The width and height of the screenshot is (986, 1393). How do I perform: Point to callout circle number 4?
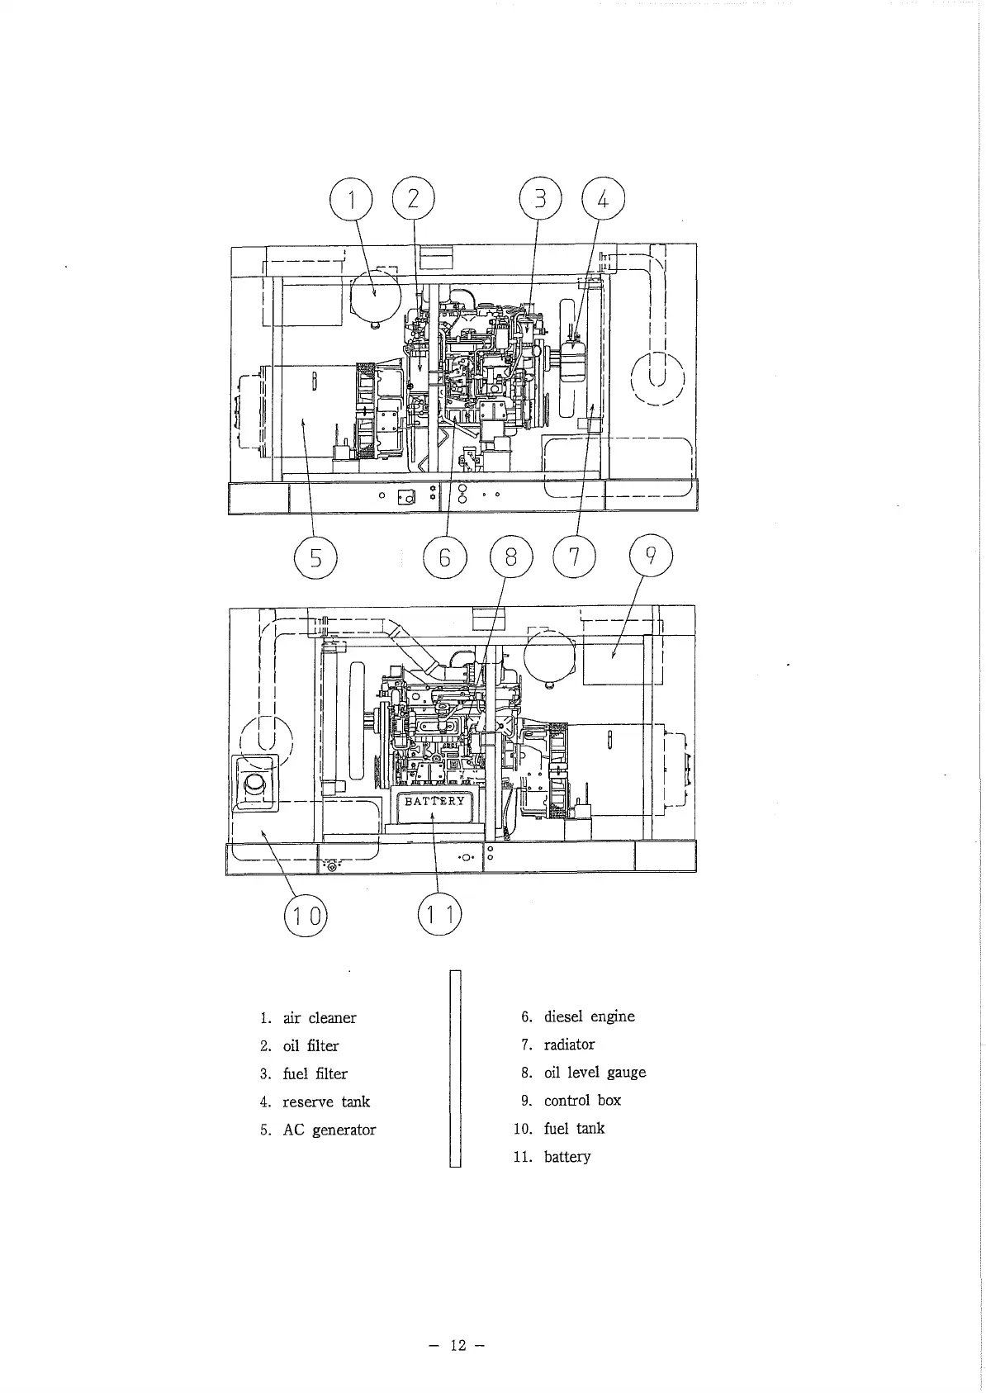603,200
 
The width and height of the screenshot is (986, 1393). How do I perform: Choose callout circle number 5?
315,559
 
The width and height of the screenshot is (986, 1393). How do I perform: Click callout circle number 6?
444,559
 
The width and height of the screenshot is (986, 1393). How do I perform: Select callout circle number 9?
651,558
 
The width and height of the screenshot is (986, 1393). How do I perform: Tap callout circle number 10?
306,917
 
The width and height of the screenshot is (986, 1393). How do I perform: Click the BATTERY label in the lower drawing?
434,801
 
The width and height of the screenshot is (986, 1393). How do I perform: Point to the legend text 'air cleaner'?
320,1018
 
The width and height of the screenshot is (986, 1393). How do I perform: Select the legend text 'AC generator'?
329,1130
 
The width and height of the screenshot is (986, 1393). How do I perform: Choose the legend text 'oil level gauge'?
595,1073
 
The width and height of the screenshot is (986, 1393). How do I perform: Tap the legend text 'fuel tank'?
574,1128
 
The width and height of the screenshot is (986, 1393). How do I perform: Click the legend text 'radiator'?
569,1045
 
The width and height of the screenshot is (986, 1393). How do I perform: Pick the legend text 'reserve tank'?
326,1102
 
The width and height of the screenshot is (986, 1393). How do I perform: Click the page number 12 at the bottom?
457,1345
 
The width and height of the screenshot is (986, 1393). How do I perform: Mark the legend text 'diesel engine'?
589,1016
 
